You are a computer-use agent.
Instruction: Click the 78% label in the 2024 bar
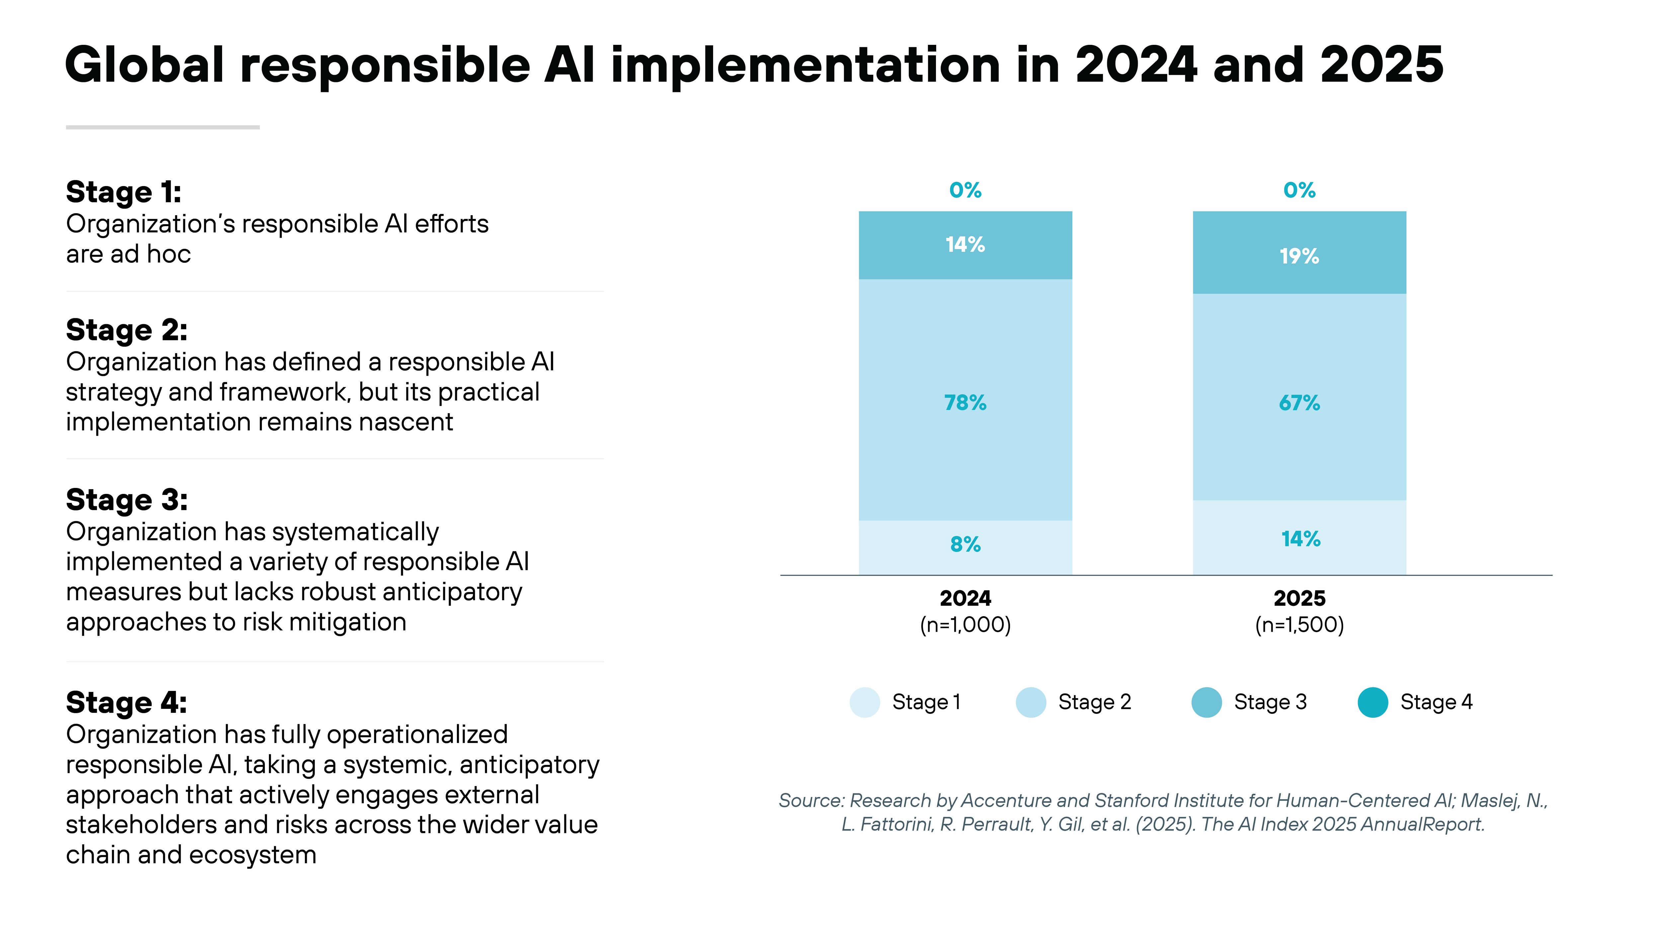965,403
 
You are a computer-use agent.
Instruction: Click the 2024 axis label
965,598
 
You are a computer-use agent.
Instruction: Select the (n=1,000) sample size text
965,624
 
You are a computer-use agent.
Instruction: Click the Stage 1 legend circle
864,702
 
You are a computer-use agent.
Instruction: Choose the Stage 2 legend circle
1031,702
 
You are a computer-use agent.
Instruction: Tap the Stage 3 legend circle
1206,702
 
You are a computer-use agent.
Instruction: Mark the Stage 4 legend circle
1372,702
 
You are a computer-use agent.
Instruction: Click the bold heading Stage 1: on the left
124,192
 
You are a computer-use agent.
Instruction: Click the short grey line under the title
162,127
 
